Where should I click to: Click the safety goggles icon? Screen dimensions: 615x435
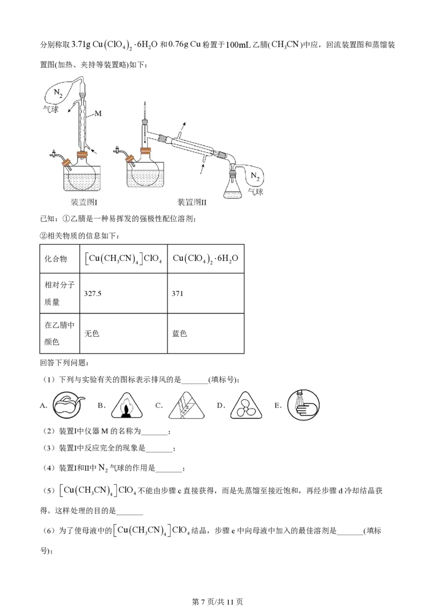coord(69,404)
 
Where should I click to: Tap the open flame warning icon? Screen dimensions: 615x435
coord(127,405)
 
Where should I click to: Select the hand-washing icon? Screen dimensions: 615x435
coord(304,405)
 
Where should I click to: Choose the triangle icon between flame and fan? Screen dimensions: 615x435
coord(188,405)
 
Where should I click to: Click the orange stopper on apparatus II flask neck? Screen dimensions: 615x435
coord(146,153)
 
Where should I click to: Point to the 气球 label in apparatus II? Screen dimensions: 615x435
coord(256,191)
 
